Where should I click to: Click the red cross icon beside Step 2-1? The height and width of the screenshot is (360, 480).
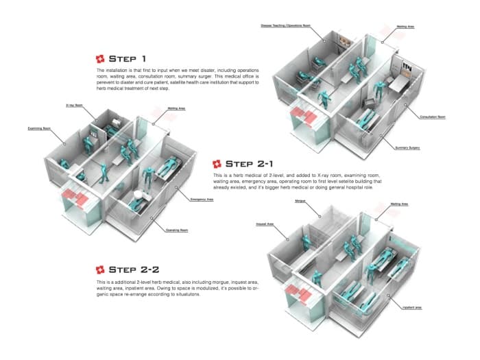click(x=217, y=164)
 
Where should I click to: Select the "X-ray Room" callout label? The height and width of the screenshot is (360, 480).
click(x=75, y=106)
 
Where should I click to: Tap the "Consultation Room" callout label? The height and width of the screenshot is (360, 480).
click(x=433, y=117)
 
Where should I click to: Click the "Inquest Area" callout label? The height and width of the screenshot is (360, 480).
click(x=265, y=224)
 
